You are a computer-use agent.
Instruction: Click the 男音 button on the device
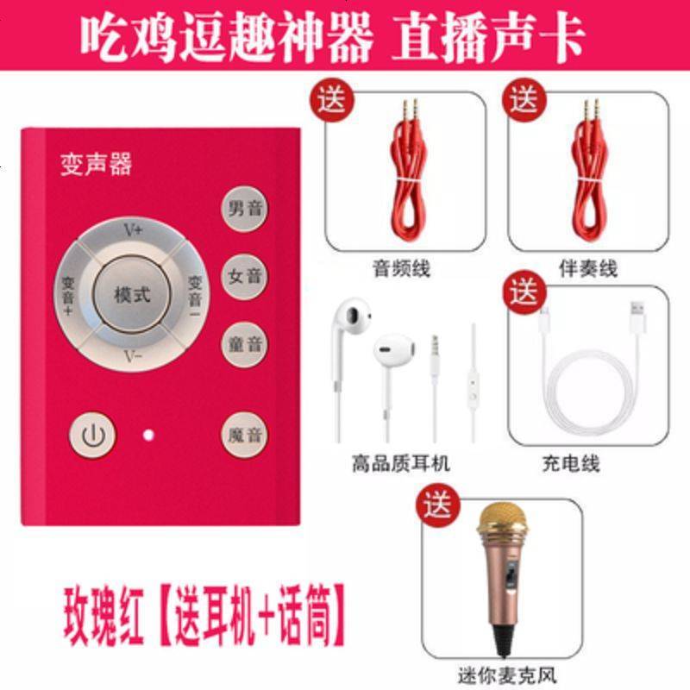244,209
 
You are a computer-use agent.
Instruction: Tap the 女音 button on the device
244,277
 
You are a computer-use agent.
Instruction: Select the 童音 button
244,344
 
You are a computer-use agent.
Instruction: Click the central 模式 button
132,294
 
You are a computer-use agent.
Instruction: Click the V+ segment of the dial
132,231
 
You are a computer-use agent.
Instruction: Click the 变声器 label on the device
96,165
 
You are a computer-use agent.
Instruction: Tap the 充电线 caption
571,463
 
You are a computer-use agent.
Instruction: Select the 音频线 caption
401,269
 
